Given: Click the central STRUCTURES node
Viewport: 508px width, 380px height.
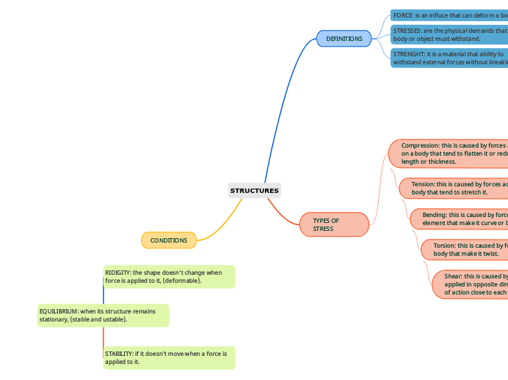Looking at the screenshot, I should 255,191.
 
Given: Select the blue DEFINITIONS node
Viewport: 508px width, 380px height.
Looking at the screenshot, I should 344,39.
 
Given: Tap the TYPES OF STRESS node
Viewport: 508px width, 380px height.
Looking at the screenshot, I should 334,224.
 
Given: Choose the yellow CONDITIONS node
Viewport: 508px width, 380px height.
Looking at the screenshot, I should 169,240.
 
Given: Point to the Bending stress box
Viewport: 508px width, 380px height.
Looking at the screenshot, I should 460,218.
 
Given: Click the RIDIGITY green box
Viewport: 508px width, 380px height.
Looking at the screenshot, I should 169,276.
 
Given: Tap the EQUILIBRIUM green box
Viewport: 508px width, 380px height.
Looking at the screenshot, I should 103,315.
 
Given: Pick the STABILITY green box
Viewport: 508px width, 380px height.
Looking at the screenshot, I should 169,357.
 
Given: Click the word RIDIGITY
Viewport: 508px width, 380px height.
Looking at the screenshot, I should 118,273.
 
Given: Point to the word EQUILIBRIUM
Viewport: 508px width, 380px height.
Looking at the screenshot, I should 58,311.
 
